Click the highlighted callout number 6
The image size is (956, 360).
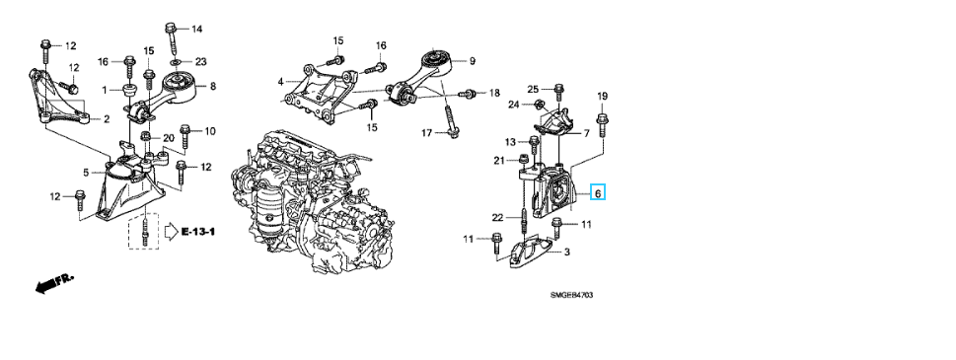point(598,193)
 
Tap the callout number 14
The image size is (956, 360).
point(197,29)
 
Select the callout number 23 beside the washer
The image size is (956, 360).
point(201,61)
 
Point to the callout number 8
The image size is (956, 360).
point(213,87)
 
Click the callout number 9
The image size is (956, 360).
point(472,61)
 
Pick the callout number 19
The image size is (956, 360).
point(603,97)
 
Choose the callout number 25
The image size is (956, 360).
point(534,89)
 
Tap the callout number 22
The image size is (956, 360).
point(498,218)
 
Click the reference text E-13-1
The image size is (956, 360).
point(198,232)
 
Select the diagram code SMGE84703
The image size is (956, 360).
point(571,296)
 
